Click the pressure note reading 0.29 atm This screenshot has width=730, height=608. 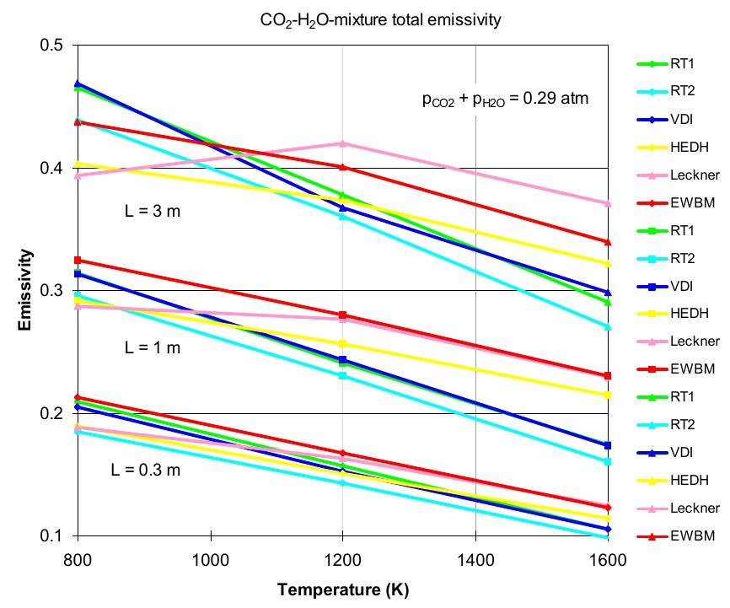[x=505, y=100]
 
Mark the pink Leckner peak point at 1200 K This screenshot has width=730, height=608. [x=342, y=143]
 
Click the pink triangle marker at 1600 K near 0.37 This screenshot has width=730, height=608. [x=608, y=203]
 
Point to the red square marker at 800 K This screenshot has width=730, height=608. [x=78, y=260]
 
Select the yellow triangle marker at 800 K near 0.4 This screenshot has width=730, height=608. [x=78, y=164]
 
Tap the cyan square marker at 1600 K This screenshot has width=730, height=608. [x=608, y=461]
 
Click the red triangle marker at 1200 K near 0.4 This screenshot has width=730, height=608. [x=342, y=168]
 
